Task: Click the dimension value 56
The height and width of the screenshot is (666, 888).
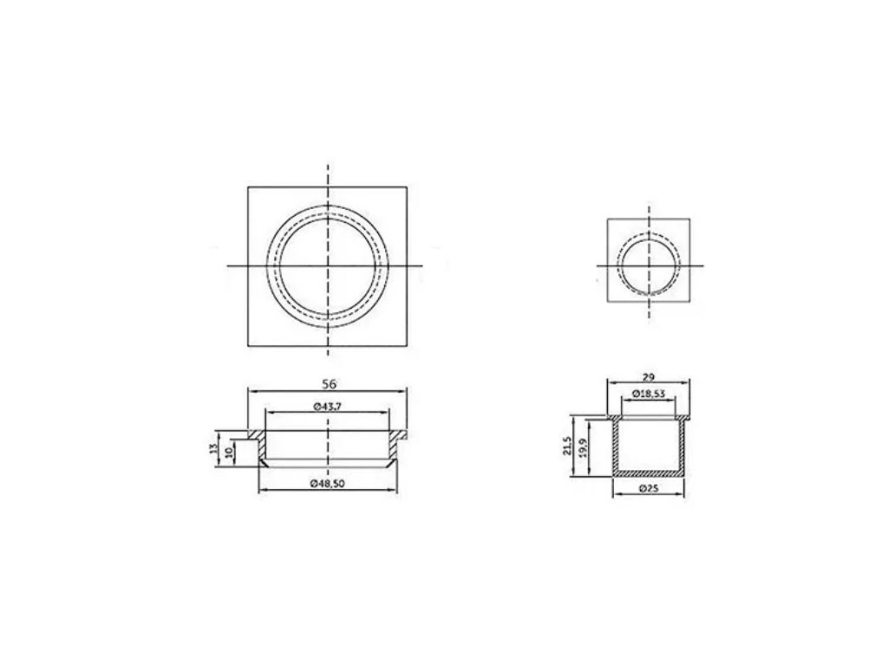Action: [329, 383]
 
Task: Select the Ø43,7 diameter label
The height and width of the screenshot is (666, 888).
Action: [327, 407]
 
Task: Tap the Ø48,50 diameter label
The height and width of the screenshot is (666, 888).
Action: [327, 483]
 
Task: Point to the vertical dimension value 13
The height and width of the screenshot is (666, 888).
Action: [213, 448]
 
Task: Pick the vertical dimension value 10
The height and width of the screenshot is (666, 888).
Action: [228, 453]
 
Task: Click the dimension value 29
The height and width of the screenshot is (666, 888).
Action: [649, 377]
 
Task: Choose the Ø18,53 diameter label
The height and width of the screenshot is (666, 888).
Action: [649, 393]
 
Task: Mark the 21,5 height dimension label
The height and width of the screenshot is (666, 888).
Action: [567, 446]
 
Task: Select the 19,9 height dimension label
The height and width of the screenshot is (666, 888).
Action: [584, 448]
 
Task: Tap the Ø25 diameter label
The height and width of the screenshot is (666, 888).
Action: [649, 487]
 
